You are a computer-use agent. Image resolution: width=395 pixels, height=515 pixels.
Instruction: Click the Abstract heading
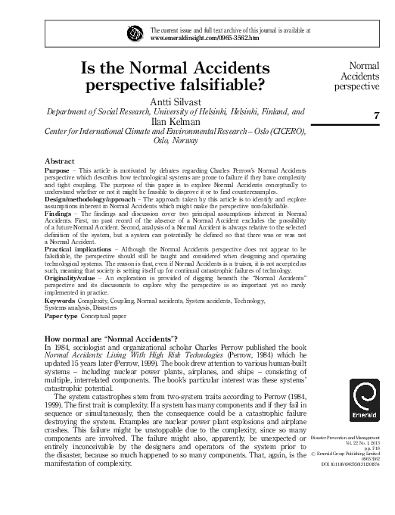(x=60, y=162)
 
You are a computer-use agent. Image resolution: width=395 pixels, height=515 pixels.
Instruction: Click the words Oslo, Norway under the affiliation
(x=176, y=141)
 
